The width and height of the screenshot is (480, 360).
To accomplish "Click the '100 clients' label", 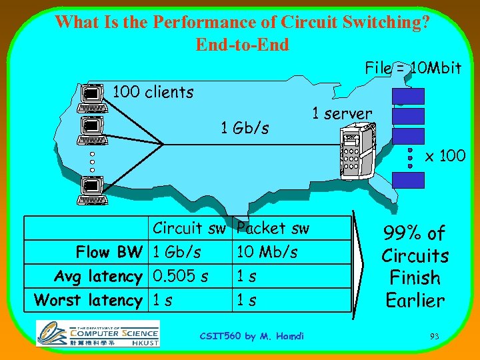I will pyautogui.click(x=153, y=92).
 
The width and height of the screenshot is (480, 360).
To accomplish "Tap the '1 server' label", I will pyautogui.click(x=342, y=113).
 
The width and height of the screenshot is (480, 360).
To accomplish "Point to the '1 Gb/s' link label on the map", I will pyautogui.click(x=245, y=127).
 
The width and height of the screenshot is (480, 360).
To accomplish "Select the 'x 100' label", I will pyautogui.click(x=445, y=157).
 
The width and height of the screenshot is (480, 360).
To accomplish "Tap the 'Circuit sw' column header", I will pyautogui.click(x=189, y=228).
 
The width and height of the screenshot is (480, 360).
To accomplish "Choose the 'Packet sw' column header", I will pyautogui.click(x=273, y=228).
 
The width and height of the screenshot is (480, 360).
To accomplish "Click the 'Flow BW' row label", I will pyautogui.click(x=109, y=252).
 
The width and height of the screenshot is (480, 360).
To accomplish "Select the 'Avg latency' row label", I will pyautogui.click(x=98, y=276).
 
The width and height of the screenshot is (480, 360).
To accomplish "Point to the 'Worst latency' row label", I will pyautogui.click(x=88, y=300).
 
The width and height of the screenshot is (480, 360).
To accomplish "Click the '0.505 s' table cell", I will pyautogui.click(x=179, y=276).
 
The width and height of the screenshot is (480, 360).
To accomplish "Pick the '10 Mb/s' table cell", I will pyautogui.click(x=267, y=252).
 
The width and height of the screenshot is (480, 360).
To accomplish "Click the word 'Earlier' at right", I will pyautogui.click(x=415, y=301).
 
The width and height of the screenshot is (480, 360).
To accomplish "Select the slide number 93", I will pyautogui.click(x=434, y=337).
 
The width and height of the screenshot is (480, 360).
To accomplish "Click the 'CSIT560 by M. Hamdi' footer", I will pyautogui.click(x=252, y=336).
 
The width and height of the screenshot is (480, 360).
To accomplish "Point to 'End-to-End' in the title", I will pyautogui.click(x=242, y=45).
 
